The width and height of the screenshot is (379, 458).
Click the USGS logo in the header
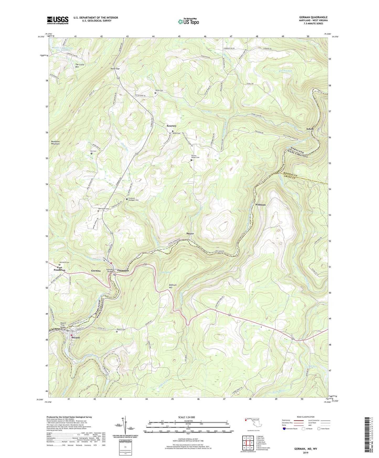pyautogui.click(x=58, y=20)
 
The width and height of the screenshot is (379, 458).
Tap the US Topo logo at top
pyautogui.click(x=188, y=22)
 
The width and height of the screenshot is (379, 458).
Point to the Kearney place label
pyautogui.click(x=172, y=126)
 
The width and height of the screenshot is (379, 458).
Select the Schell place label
pyautogui.click(x=310, y=129)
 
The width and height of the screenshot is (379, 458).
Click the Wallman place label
pyautogui.click(x=260, y=205)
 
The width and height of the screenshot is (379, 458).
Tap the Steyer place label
pyautogui.click(x=190, y=233)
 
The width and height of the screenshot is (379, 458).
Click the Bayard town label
pyautogui.click(x=76, y=338)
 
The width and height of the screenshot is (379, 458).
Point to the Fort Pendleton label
pyautogui.click(x=60, y=269)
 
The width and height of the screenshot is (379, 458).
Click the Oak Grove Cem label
pyautogui.click(x=104, y=209)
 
